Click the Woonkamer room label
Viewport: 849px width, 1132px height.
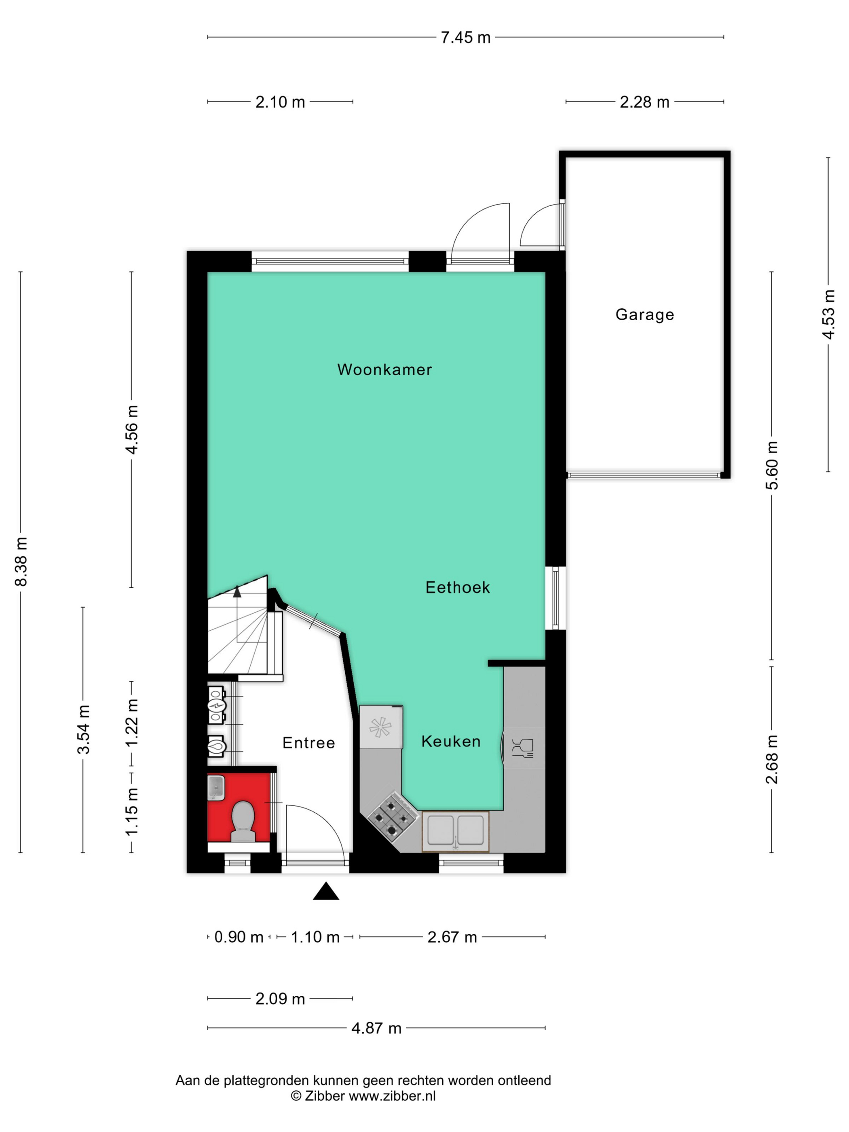(x=384, y=370)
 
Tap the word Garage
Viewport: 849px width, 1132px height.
(x=644, y=314)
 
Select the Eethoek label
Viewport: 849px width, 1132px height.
(x=458, y=587)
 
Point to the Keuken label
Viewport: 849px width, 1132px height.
(x=451, y=741)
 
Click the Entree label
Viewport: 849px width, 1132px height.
(x=308, y=743)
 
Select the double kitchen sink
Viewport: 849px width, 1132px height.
(x=455, y=830)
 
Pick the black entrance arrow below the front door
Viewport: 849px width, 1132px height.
(x=326, y=891)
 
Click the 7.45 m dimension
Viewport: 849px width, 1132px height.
(x=465, y=37)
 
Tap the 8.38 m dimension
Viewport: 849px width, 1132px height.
(x=21, y=562)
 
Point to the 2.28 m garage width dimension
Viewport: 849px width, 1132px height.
(x=644, y=102)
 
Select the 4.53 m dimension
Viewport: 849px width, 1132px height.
(x=828, y=314)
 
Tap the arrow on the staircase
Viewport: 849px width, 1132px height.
(x=237, y=593)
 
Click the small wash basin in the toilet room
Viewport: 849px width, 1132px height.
(x=216, y=787)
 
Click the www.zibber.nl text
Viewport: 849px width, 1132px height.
(x=392, y=1096)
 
